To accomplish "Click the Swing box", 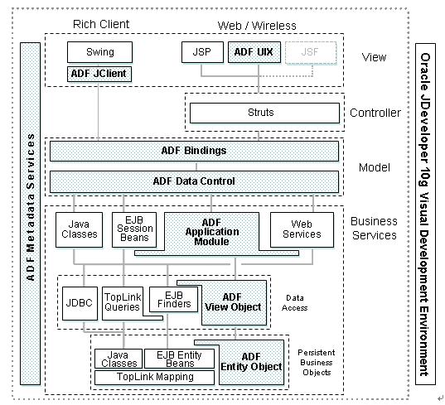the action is (100, 52).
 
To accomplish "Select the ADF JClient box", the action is (99, 74).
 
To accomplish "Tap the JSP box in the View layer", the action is (202, 52).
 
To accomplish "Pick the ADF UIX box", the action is (254, 52).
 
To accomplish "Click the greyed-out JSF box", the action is (311, 53).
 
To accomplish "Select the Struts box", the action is (264, 113).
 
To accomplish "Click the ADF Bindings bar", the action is (194, 151).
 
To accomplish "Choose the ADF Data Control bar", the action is (194, 181).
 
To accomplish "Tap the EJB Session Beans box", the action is (134, 229).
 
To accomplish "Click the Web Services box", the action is (302, 229).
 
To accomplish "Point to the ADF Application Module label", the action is (212, 232).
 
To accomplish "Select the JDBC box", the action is (80, 303).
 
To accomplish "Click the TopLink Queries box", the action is (123, 303).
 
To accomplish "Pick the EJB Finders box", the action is (174, 300).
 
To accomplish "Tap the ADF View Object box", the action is (234, 302).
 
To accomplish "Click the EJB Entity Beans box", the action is (179, 359).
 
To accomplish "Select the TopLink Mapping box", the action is (154, 378).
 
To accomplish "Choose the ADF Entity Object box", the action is (251, 362).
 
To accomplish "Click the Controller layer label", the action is (375, 113).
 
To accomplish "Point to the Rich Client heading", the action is (101, 24).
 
